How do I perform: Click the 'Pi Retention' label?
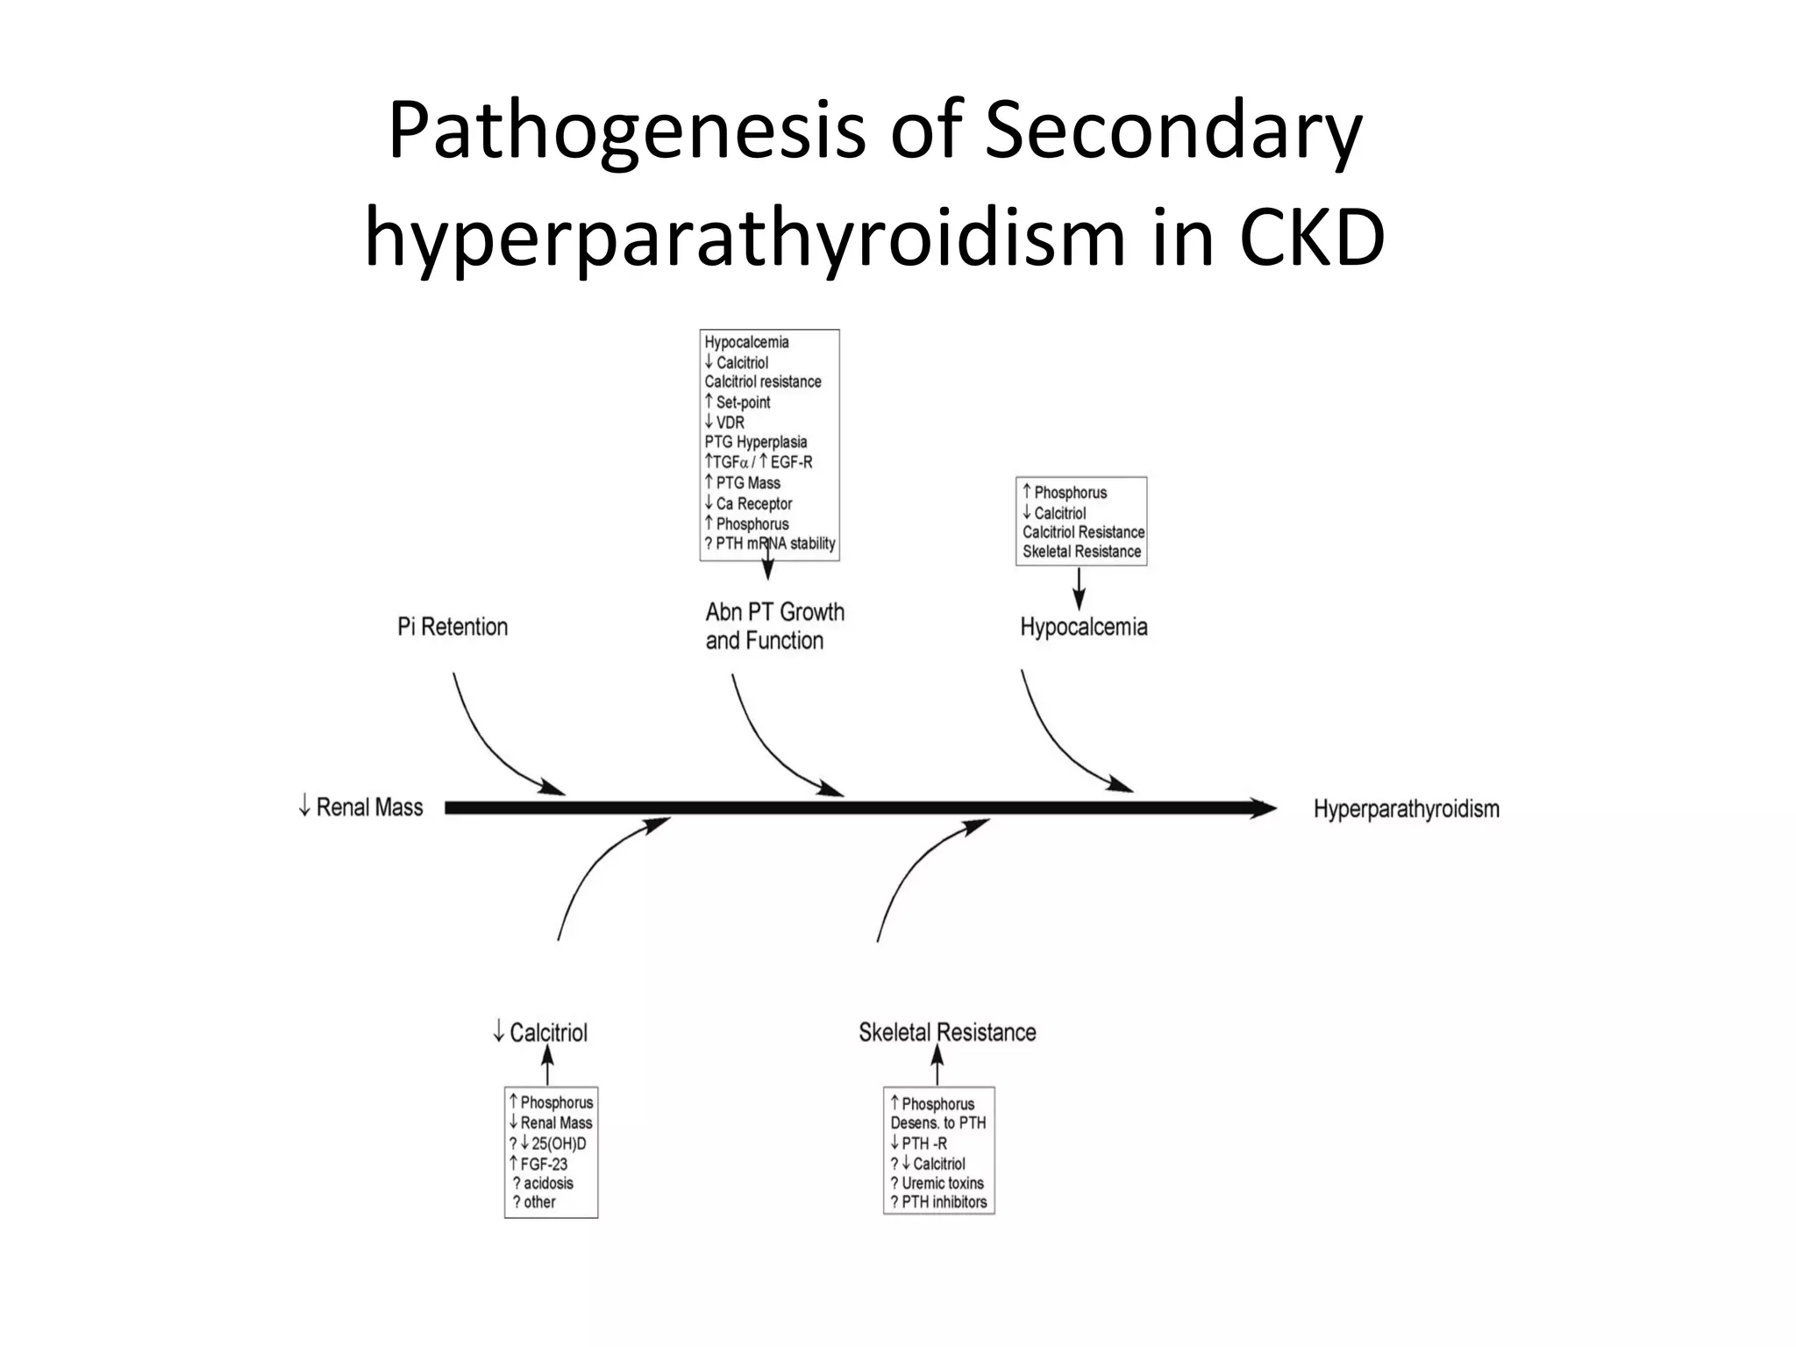coord(453,627)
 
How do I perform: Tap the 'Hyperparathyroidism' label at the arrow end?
coord(1406,809)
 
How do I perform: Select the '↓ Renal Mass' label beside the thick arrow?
coord(360,807)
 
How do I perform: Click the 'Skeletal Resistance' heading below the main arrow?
coord(947,1032)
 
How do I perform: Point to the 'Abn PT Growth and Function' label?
coord(774,626)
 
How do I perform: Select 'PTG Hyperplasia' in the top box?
coord(755,442)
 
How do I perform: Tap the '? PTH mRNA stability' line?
coord(770,544)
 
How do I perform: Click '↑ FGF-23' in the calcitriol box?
coord(538,1164)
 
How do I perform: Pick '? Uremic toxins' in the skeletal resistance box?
coord(937,1183)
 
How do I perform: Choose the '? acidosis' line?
coord(543,1183)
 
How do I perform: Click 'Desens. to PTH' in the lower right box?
coord(937,1122)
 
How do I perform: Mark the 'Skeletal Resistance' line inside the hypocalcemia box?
coord(1081,552)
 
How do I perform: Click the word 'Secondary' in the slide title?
coord(1172,132)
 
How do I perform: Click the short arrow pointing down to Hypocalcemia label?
coord(1079,588)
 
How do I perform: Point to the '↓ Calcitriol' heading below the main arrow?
coord(540,1032)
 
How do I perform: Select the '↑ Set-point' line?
coord(738,403)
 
